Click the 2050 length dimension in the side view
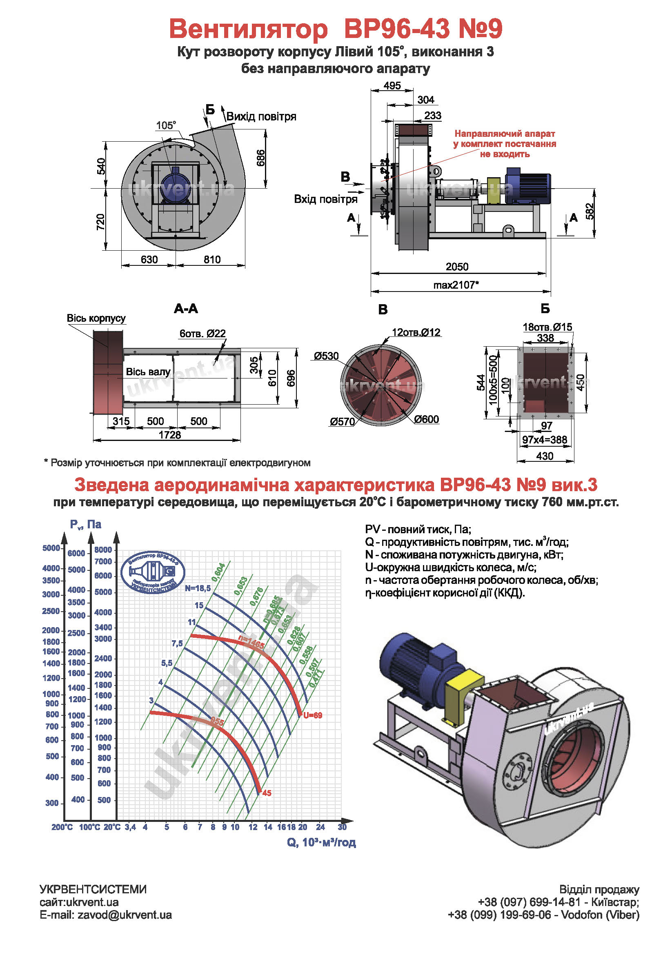point(456,267)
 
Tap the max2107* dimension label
point(456,285)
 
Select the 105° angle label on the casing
point(166,125)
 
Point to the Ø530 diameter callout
point(327,356)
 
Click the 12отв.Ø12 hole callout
point(416,332)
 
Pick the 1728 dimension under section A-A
point(170,435)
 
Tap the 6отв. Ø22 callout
point(202,334)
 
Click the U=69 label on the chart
point(312,715)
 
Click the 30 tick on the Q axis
point(342,827)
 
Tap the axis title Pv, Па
point(86,525)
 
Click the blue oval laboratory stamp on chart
point(153,572)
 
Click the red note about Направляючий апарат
point(505,144)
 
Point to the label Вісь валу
point(148,372)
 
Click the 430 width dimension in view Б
point(544,456)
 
